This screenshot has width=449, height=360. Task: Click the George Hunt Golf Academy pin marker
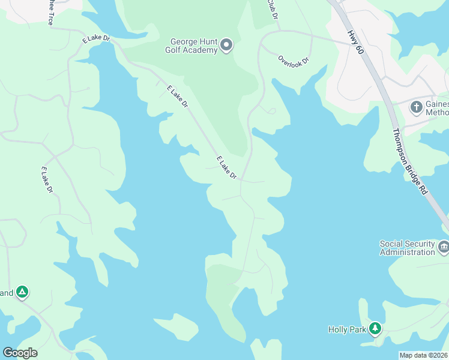pyautogui.click(x=226, y=45)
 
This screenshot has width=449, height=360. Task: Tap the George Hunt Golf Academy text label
pyautogui.click(x=193, y=46)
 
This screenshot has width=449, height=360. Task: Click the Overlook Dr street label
pyautogui.click(x=293, y=60)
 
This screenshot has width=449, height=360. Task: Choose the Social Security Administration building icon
pyautogui.click(x=443, y=247)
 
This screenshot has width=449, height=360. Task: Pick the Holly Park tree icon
pyautogui.click(x=375, y=328)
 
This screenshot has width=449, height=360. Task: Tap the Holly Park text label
pyautogui.click(x=346, y=329)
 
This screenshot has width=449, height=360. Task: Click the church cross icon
pyautogui.click(x=416, y=107)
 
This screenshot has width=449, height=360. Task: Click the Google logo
pyautogui.click(x=19, y=353)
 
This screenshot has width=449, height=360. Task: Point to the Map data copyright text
pyautogui.click(x=423, y=355)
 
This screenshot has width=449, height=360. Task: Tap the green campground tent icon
pyautogui.click(x=22, y=292)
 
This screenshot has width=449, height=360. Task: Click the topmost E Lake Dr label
pyautogui.click(x=97, y=39)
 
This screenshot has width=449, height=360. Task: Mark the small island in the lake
pyautogui.click(x=176, y=326)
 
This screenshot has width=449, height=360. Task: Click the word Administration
pyautogui.click(x=407, y=252)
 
